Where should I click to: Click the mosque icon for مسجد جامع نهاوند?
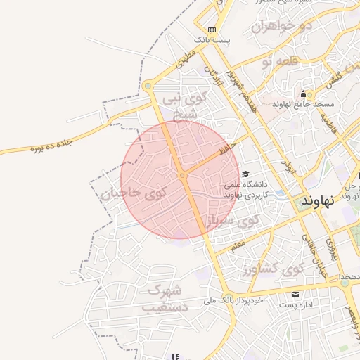click(303, 94)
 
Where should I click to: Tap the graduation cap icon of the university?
click(245, 174)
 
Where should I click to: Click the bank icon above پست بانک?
click(212, 30)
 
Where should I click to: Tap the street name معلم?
click(237, 243)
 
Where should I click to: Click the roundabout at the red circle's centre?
click(182, 175)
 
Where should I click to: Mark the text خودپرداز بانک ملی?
click(233, 301)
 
